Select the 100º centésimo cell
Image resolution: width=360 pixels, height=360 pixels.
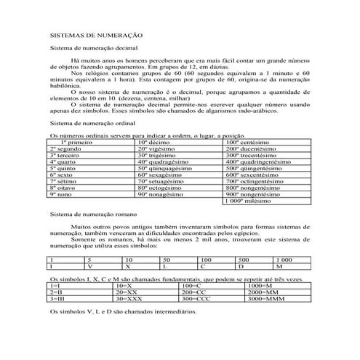(x=247, y=142)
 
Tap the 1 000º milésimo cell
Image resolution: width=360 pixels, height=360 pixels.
(x=247, y=201)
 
